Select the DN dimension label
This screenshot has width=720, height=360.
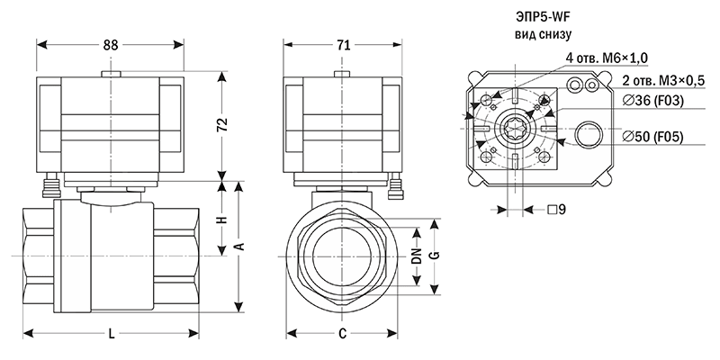(x=416, y=256)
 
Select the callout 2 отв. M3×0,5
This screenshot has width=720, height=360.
(x=662, y=81)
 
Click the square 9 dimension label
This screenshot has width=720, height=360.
(x=556, y=210)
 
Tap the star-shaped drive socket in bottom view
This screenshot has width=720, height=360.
(x=514, y=129)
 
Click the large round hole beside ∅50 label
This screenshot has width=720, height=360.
(x=590, y=135)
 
